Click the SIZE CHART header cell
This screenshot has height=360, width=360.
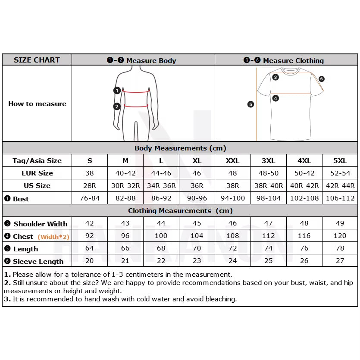pyautogui.click(x=37, y=60)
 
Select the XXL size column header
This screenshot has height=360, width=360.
pyautogui.click(x=232, y=161)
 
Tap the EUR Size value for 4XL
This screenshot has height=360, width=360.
pyautogui.click(x=304, y=173)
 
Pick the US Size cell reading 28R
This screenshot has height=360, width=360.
pyautogui.click(x=90, y=186)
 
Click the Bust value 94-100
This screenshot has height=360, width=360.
pyautogui.click(x=232, y=198)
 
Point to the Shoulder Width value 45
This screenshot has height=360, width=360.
pyautogui.click(x=197, y=223)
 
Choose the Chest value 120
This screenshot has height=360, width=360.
pyautogui.click(x=340, y=236)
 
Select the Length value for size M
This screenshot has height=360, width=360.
pyautogui.click(x=125, y=248)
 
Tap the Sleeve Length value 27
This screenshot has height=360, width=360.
pyautogui.click(x=340, y=261)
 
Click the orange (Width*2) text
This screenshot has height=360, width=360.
pyautogui.click(x=53, y=237)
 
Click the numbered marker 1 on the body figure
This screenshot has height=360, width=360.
pyautogui.click(x=117, y=91)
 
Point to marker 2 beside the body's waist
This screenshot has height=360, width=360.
pyautogui.click(x=117, y=106)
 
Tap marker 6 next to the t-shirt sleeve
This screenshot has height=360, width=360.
pyautogui.click(x=322, y=79)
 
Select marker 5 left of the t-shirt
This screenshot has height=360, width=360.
pyautogui.click(x=250, y=104)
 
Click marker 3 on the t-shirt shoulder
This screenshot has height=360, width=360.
pyautogui.click(x=275, y=78)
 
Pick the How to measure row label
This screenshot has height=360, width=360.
pyautogui.click(x=37, y=104)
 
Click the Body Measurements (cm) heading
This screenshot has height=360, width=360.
pyautogui.click(x=180, y=148)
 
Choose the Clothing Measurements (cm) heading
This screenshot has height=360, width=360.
pyautogui.click(x=180, y=211)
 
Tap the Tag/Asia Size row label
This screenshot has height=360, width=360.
pyautogui.click(x=37, y=161)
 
